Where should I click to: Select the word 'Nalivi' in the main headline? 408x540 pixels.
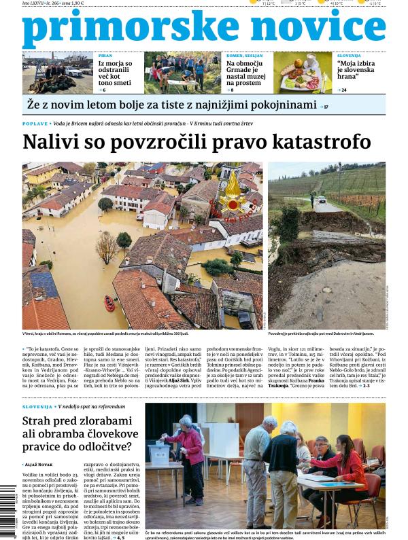[51, 143]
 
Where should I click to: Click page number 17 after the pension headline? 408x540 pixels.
[325, 107]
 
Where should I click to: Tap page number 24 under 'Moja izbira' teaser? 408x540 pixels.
[343, 90]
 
